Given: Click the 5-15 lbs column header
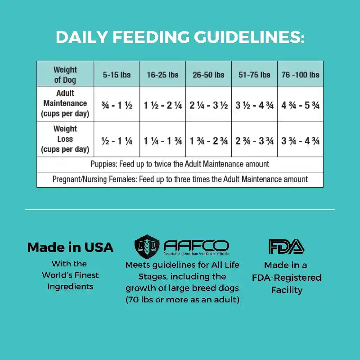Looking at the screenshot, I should [117, 75].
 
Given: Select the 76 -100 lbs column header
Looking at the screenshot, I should [300, 75].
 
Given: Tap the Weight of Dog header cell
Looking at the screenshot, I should [65, 75].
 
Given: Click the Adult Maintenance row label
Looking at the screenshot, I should [65, 103].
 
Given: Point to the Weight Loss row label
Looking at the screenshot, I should [65, 139].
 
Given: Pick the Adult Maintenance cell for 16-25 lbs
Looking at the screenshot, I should [162, 106].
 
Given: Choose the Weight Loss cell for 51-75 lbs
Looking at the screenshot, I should [254, 141].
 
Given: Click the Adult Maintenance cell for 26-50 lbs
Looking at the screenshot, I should [208, 106].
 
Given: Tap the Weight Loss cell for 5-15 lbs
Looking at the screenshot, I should [117, 141].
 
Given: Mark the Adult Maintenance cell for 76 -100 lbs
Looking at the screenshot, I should [300, 106].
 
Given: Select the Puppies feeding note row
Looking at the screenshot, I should [180, 164].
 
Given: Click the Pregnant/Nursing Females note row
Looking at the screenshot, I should [180, 179].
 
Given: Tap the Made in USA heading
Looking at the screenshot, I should [70, 247].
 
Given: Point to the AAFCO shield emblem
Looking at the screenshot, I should [147, 246].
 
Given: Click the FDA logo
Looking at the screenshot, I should [286, 246].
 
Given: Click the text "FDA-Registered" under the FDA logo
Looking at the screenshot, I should [287, 278].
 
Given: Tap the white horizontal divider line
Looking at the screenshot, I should [180, 209].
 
